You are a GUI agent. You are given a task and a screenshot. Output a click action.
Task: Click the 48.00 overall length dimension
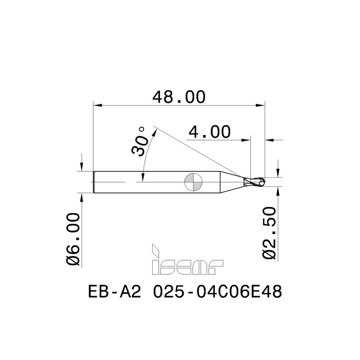click(x=179, y=97)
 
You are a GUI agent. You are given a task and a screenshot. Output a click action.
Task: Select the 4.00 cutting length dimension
click(x=209, y=132)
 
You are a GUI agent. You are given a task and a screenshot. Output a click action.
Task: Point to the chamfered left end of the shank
click(x=95, y=182)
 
